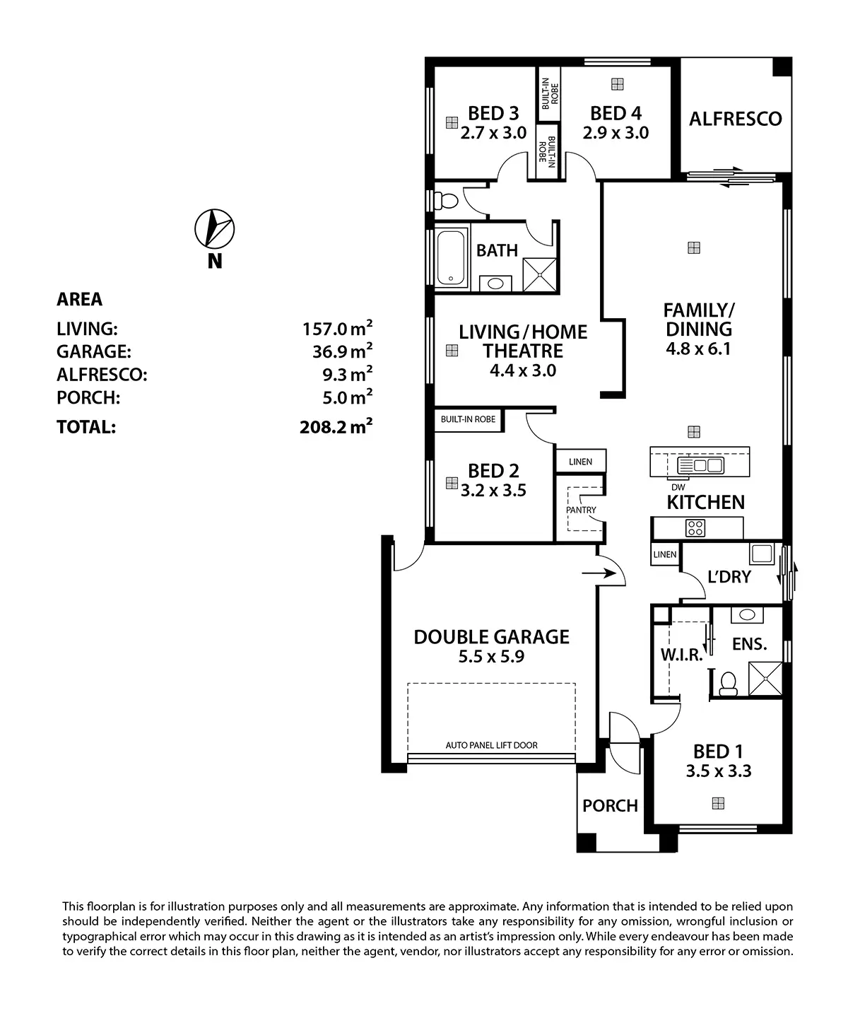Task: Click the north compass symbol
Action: click(214, 229)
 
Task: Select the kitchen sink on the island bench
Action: click(700, 465)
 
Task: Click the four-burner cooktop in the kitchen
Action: click(695, 528)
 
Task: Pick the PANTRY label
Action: click(581, 510)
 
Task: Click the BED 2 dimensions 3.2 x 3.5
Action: click(493, 491)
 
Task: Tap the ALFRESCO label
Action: click(735, 119)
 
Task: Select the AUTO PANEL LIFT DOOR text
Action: click(491, 745)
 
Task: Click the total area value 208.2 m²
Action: click(336, 426)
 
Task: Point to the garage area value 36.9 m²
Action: click(342, 351)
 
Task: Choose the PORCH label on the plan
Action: click(610, 806)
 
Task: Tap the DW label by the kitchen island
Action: click(678, 487)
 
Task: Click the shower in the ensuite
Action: click(765, 679)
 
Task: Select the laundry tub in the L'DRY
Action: click(762, 554)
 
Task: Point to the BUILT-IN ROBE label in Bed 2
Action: click(468, 419)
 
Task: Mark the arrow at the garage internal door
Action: click(599, 574)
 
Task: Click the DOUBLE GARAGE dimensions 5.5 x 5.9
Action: click(491, 657)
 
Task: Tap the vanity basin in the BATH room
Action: click(495, 284)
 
